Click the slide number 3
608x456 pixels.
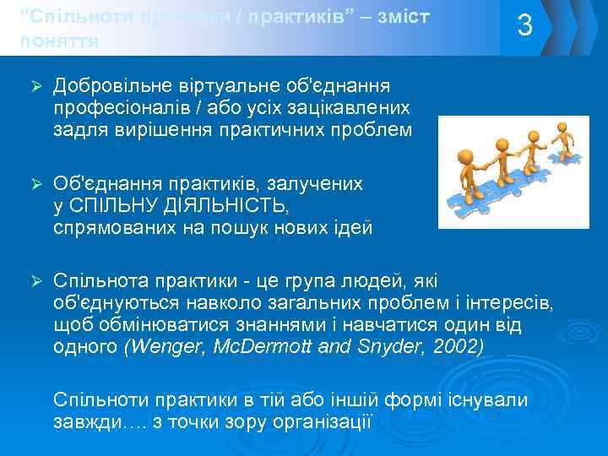coord(524,26)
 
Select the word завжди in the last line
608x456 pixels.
coord(84,421)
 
